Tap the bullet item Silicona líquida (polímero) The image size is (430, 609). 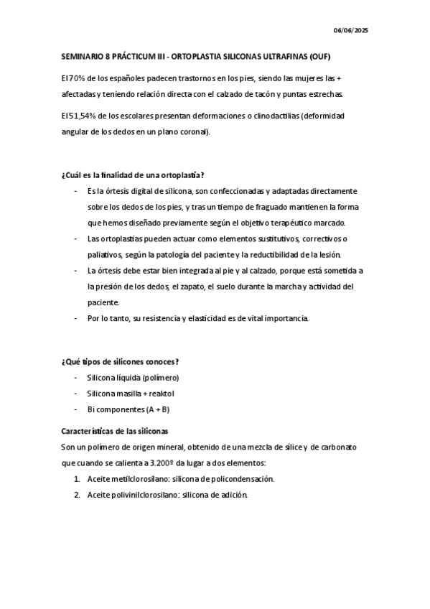click(133, 377)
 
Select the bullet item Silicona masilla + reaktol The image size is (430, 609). click(131, 394)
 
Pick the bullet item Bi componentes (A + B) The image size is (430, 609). click(128, 409)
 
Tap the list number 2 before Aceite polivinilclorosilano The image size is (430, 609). click(76, 494)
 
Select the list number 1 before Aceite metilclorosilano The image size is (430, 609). click(76, 478)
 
